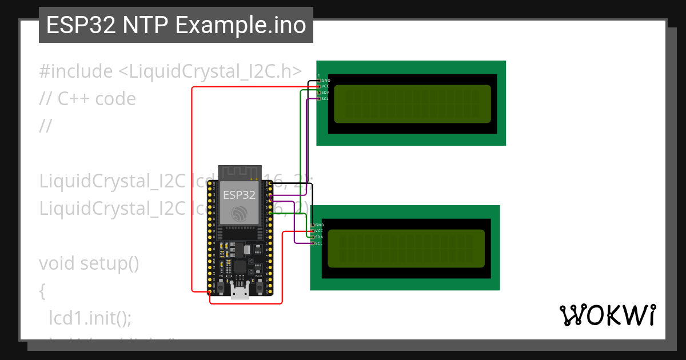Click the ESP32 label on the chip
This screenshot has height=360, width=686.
(239, 194)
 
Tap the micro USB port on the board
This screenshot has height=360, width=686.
(240, 293)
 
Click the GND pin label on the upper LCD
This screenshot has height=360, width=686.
(326, 81)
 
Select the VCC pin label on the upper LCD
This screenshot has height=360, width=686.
(325, 86)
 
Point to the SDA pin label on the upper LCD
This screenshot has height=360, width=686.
(325, 93)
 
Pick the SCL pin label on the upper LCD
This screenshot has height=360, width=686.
(325, 99)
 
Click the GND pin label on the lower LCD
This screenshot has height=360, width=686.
(320, 225)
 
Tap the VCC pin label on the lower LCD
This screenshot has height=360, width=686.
(319, 231)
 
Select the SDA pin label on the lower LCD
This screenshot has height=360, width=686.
(319, 237)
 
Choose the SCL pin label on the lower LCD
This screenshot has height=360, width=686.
(319, 243)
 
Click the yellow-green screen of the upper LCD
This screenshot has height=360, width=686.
(412, 103)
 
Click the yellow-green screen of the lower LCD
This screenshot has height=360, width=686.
(406, 248)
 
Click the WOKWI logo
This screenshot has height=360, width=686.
(607, 315)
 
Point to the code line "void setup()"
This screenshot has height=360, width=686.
(89, 263)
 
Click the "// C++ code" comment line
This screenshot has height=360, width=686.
(87, 99)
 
